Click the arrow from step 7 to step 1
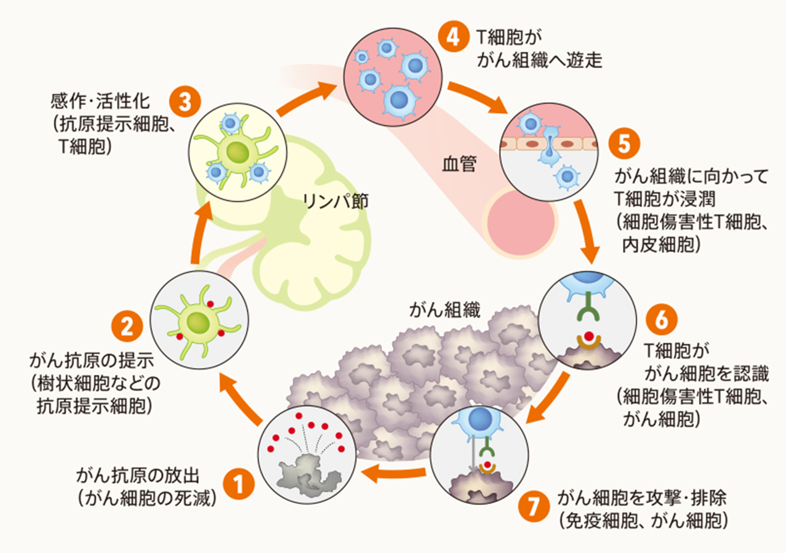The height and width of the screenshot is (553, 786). (x=394, y=474)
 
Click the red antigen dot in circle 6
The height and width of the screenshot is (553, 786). (x=590, y=336)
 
